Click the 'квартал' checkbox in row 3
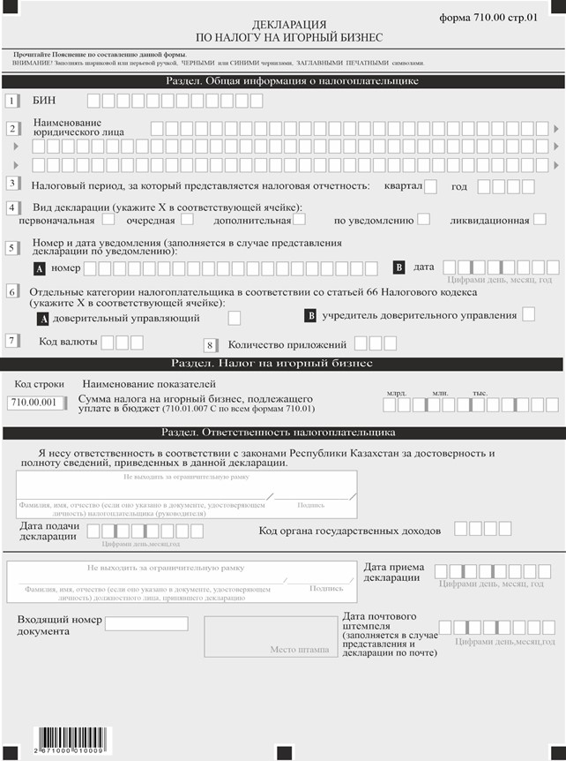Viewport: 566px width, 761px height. (431, 186)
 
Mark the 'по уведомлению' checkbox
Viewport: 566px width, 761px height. (424, 219)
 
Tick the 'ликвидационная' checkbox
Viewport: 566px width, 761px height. (540, 219)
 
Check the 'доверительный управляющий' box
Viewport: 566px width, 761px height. (235, 317)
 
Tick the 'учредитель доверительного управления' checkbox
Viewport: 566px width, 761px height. (528, 314)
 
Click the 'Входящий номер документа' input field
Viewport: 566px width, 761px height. (146, 624)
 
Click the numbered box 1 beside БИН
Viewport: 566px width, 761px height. (12, 101)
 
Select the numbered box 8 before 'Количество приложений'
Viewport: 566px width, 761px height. (210, 345)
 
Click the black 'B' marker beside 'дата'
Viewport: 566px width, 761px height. (398, 267)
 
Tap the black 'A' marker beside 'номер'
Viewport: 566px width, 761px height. (39, 267)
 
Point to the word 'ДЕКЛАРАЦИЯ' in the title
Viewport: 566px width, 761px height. (283, 26)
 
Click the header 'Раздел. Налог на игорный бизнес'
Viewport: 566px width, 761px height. (283, 364)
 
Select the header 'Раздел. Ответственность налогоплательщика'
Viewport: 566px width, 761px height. (283, 432)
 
